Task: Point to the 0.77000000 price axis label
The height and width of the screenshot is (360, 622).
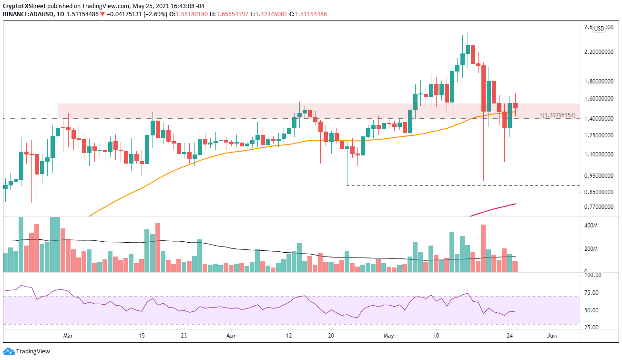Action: [598, 207]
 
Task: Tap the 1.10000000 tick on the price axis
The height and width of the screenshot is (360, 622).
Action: [598, 154]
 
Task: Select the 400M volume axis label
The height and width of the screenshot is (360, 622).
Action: [591, 226]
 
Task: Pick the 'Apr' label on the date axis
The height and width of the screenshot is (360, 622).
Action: [231, 335]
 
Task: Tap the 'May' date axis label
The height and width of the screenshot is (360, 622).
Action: [389, 335]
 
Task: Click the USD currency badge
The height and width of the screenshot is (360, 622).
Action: [599, 28]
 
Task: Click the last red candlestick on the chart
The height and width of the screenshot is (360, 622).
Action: [515, 105]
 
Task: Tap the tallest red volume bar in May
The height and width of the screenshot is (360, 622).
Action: [483, 248]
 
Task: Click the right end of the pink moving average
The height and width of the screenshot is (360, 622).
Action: [516, 204]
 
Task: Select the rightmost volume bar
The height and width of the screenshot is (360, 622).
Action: [515, 267]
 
